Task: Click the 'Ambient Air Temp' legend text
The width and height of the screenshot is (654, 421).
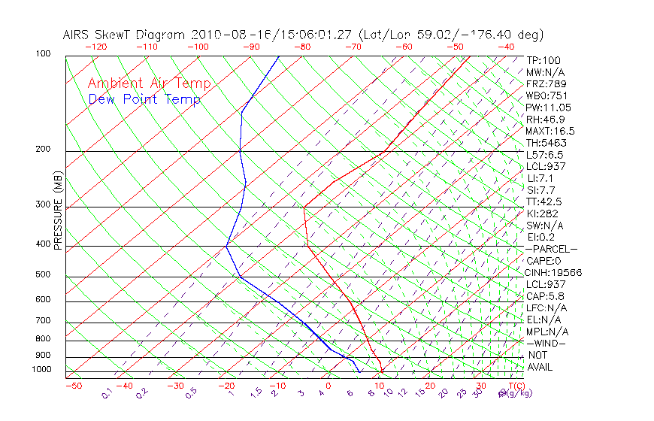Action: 149,83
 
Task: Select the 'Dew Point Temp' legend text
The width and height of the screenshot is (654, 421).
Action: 144,99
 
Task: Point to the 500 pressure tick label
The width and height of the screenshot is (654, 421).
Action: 42,274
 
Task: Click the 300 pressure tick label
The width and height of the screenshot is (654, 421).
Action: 42,204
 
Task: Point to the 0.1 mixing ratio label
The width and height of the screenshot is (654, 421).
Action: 107,393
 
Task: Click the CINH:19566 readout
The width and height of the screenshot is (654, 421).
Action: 554,273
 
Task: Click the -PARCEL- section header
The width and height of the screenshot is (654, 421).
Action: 551,249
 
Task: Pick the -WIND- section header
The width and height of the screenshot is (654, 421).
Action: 546,343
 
